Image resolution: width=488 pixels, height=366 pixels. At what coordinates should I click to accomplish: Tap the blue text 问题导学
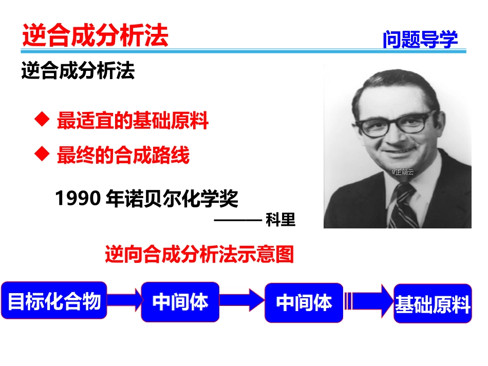[420, 39]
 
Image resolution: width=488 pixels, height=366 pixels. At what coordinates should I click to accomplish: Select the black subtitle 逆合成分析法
[78, 71]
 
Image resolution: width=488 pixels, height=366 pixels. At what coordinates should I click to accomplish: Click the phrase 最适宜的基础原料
[133, 121]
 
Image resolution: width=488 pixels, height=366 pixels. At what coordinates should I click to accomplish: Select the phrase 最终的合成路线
[123, 155]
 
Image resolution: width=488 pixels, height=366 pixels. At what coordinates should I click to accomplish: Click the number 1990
[77, 198]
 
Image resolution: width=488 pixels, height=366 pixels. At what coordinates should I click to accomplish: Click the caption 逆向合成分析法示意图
[199, 254]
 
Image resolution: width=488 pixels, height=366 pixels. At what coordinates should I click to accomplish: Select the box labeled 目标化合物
[54, 301]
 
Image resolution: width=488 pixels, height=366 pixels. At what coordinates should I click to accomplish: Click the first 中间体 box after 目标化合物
[180, 302]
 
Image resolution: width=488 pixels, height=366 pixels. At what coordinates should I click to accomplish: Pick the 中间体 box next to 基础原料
[304, 303]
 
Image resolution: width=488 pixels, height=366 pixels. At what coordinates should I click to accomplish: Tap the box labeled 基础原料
[433, 304]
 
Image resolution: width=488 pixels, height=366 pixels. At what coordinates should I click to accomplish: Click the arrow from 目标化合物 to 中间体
[124, 300]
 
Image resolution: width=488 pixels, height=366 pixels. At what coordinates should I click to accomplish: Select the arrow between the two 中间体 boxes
[242, 300]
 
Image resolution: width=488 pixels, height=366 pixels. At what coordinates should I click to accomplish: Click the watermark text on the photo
[402, 172]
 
